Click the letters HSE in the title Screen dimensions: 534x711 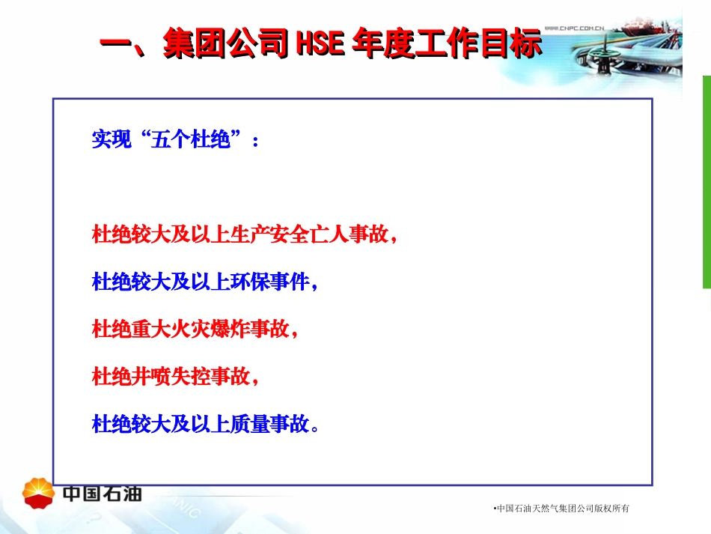click(320, 45)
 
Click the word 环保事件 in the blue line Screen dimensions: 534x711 click(270, 282)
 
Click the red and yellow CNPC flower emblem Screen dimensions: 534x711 click(38, 491)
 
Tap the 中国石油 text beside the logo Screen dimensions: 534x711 click(102, 494)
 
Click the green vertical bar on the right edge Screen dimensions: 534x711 click(706, 181)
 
